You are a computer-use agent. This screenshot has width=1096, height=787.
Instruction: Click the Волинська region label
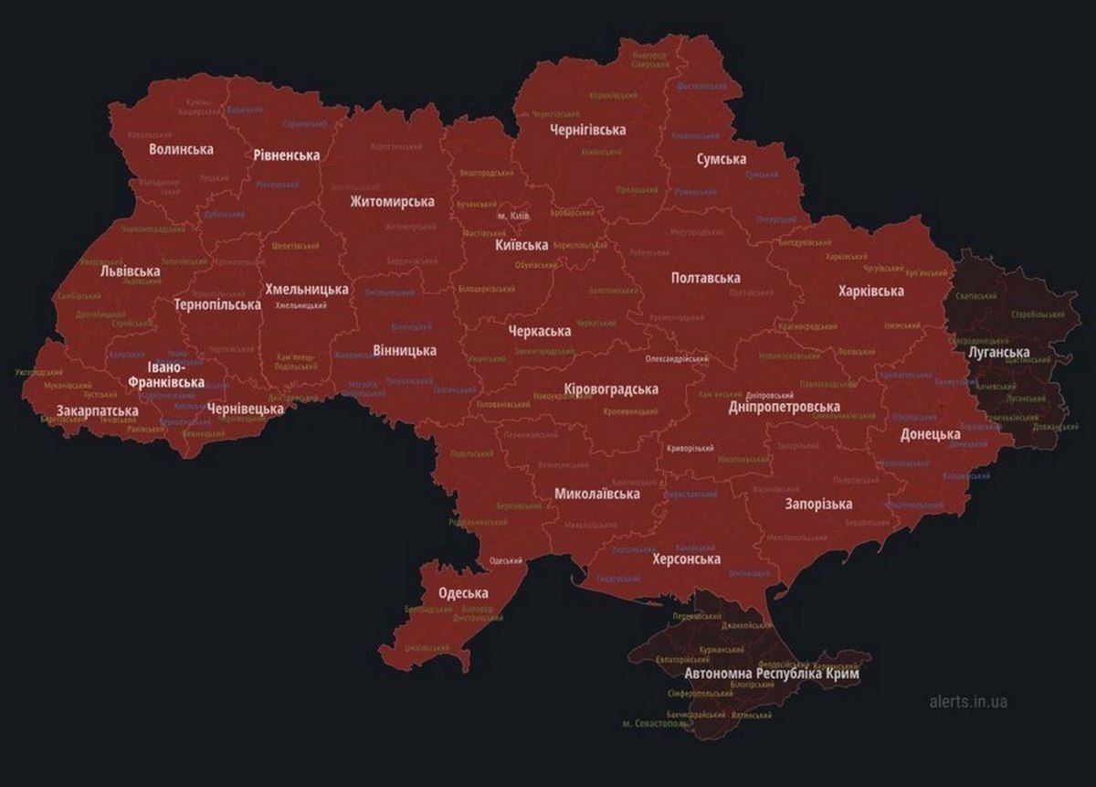182,149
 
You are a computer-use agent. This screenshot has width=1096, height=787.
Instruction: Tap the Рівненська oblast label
287,155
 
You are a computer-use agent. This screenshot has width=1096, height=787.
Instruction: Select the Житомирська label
392,201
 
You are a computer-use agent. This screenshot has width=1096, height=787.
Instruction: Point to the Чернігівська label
587,130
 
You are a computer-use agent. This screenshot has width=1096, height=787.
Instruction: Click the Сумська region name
722,159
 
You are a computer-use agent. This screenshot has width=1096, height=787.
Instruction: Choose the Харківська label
870,291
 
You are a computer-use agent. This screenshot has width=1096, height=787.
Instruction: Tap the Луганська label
998,352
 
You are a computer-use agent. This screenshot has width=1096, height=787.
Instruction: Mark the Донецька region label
930,434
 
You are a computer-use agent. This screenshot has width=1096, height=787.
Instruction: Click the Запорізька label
818,504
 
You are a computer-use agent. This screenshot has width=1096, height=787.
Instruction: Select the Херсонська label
686,558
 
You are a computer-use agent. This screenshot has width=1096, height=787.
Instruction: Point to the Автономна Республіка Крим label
771,674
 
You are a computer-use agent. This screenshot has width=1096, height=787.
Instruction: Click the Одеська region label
463,592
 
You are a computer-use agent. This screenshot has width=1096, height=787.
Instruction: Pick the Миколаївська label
596,494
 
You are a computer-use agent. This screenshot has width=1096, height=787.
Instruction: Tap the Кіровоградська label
611,388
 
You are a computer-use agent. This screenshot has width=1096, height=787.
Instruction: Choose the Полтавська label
705,278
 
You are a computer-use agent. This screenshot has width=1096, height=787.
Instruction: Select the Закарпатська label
98,410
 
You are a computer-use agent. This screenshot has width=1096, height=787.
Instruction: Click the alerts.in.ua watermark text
968,702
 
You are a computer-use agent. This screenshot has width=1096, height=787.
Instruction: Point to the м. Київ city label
513,216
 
